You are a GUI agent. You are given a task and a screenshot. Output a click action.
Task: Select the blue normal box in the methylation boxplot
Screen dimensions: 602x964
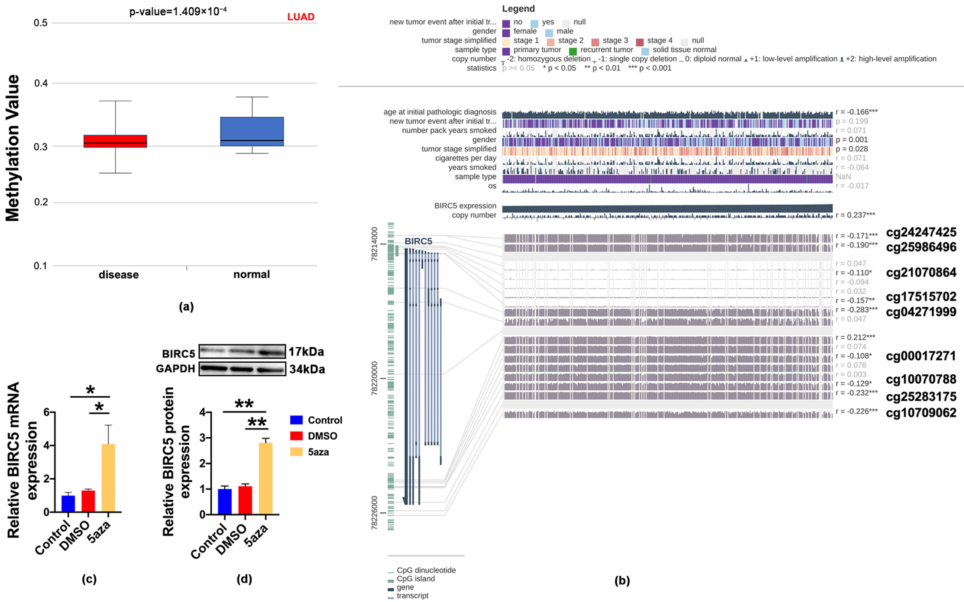point(252,131)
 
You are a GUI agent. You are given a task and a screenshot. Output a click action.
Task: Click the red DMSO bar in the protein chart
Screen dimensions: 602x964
point(245,500)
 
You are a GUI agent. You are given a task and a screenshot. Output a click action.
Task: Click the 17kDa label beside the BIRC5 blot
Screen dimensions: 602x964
point(306,352)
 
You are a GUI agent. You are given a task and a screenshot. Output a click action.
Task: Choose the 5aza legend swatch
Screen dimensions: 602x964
point(296,452)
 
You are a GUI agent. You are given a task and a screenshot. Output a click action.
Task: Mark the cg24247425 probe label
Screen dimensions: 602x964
point(921,232)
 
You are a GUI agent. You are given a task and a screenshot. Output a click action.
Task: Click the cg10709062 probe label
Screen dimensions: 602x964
point(921,412)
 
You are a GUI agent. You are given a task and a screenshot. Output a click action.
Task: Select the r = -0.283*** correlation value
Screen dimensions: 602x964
point(856,310)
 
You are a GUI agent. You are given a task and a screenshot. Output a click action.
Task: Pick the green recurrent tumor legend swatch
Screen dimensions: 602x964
point(572,51)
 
